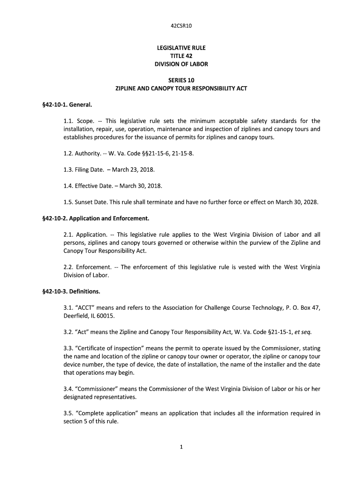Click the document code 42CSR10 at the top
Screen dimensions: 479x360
coord(180,26)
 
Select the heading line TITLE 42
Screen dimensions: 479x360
coord(180,56)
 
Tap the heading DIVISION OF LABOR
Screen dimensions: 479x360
coord(180,64)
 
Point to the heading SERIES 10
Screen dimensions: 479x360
coord(180,80)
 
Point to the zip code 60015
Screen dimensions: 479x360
coord(105,316)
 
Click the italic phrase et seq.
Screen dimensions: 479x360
coord(302,332)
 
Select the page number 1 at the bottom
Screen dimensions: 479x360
coord(180,447)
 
